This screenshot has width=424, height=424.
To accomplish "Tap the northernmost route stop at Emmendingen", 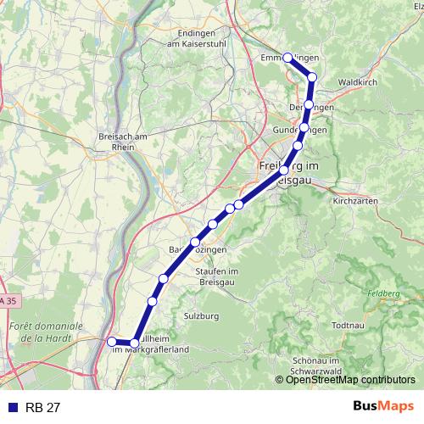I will coord(287,58).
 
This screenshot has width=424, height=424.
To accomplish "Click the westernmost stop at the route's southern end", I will coord(111,342).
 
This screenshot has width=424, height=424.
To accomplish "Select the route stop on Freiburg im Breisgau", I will coord(283,171).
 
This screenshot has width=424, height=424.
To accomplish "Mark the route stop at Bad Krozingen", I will coord(195,242).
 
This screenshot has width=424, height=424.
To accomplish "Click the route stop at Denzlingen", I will coord(309,105).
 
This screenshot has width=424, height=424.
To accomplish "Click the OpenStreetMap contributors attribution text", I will coord(349,380).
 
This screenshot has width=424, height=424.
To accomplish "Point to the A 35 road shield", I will coord(5,301).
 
